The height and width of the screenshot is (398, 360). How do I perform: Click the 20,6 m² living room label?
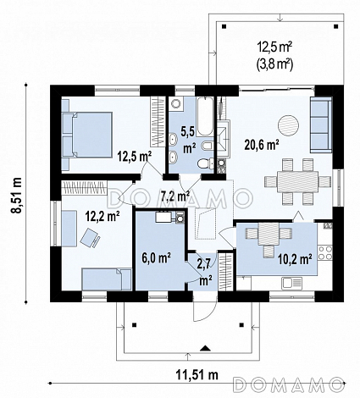pyautogui.click(x=262, y=145)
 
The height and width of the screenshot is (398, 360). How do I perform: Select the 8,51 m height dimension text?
pyautogui.click(x=18, y=195)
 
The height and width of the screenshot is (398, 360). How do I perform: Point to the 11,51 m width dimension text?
pyautogui.click(x=197, y=375)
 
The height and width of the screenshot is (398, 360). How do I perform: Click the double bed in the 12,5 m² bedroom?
pyautogui.click(x=87, y=135)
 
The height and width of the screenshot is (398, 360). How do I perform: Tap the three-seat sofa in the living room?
pyautogui.click(x=321, y=124)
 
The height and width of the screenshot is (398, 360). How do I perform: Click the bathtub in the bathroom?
pyautogui.click(x=205, y=117)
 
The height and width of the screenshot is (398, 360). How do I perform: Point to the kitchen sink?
pyautogui.click(x=291, y=283)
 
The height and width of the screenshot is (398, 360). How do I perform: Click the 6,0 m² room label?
pyautogui.click(x=156, y=258)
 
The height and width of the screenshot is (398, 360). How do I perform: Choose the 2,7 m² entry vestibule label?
pyautogui.click(x=205, y=271)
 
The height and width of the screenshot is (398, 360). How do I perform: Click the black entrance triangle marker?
pyautogui.click(x=205, y=348)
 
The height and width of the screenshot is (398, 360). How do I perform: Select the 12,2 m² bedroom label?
pyautogui.click(x=102, y=217)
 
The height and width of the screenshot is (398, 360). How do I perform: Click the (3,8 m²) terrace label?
pyautogui.click(x=274, y=65)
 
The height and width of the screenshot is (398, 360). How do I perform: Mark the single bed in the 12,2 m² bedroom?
pyautogui.click(x=107, y=279)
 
